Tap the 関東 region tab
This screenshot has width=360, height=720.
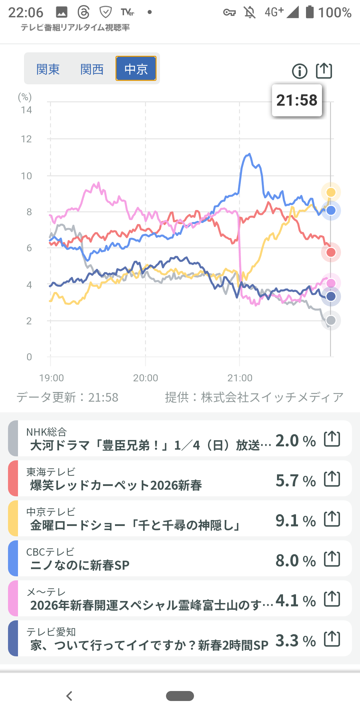pos(48,69)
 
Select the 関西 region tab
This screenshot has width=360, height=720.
pos(92,69)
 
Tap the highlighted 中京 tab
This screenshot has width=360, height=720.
pos(136,69)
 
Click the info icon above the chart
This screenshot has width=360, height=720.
pos(299,71)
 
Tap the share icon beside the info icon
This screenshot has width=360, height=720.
pos(324,70)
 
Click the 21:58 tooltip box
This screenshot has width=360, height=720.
pos(297,100)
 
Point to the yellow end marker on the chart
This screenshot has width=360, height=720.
pos(331,192)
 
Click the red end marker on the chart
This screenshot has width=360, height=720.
pos(331,252)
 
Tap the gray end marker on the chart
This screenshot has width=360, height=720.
pos(331,320)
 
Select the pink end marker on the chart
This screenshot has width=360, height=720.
pos(331,283)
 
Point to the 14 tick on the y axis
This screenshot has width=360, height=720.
pos(26,110)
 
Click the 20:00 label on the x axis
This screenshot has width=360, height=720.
pos(146,378)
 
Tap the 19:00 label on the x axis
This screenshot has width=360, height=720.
pos(51,378)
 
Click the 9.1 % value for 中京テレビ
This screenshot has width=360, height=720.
pos(295,520)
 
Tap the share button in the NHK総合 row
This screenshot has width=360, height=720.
pos(332,439)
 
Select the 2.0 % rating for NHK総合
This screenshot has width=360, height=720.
pos(295,440)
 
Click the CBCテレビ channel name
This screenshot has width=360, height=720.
pos(50,552)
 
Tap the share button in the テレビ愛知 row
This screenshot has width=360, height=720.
pos(332,639)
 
